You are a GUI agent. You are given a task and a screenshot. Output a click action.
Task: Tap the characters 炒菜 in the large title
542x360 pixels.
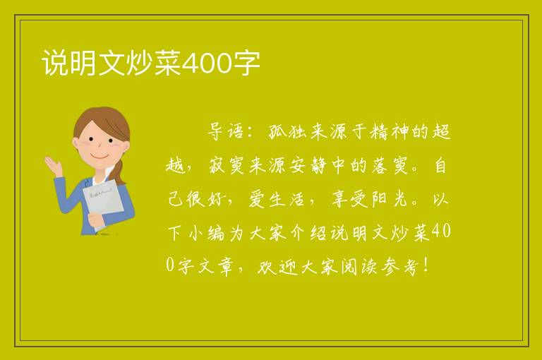tap(153, 63)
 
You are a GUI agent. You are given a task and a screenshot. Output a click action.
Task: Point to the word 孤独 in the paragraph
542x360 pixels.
tap(288, 132)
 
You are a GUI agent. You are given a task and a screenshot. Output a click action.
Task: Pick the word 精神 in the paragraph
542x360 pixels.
tap(390, 132)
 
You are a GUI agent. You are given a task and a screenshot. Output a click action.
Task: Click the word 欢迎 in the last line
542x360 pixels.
tap(277, 267)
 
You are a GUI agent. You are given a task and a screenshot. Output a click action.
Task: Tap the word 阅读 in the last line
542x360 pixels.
tap(359, 267)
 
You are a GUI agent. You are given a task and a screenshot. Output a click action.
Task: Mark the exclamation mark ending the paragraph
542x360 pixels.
tap(426, 265)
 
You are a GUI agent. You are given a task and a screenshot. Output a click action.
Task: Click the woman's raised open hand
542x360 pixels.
tap(53, 166)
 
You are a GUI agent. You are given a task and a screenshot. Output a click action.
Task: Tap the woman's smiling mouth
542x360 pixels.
tap(100, 157)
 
